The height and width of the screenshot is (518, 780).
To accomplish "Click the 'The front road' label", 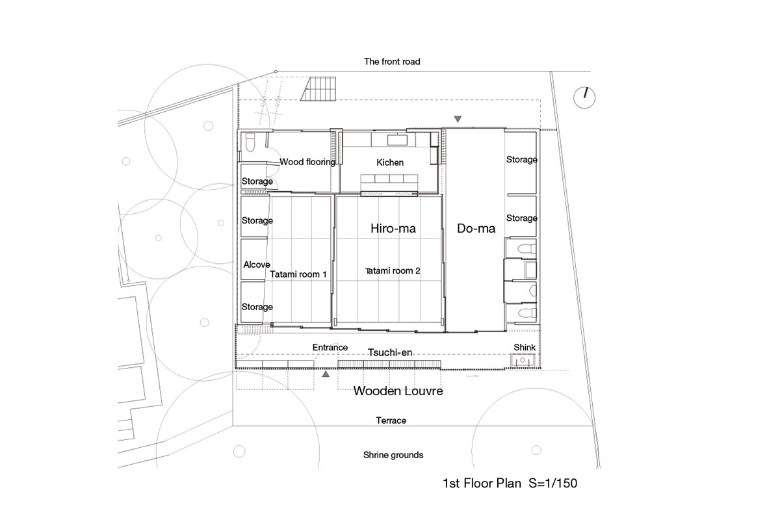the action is point(392,62).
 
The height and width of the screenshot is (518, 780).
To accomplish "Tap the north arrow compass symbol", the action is point(584,97).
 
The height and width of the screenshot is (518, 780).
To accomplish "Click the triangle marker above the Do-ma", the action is point(458,119).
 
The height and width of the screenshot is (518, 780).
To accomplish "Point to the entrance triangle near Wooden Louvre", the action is point(326,374).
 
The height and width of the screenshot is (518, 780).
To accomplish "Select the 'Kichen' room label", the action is point(390,162).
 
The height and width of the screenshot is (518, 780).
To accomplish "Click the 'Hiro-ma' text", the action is point(393,228).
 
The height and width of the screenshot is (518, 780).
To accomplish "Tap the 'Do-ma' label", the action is point(476,228).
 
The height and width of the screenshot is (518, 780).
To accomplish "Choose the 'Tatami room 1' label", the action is point(298,274).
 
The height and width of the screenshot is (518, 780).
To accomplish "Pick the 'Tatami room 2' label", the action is point(393,271).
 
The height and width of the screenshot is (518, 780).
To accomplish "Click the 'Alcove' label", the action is point(257,265).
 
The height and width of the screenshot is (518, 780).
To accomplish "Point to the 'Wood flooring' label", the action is point(307,162).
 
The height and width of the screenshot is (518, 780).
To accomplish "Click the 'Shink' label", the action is point(525,348).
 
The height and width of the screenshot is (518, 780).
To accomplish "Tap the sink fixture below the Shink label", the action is point(523,360).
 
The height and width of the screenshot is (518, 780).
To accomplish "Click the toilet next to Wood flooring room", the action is point(250,143).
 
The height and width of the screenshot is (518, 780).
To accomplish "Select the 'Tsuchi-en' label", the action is point(390,353).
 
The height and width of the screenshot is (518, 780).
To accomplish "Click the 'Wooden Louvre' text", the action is point(398,391).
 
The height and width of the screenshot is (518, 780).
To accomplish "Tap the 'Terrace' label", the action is point(391,421).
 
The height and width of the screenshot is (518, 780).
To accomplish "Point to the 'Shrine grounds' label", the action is point(393,455).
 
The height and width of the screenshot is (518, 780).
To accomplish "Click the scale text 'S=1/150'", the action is point(553,483).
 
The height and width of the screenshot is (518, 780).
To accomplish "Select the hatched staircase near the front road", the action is point(319,89).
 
